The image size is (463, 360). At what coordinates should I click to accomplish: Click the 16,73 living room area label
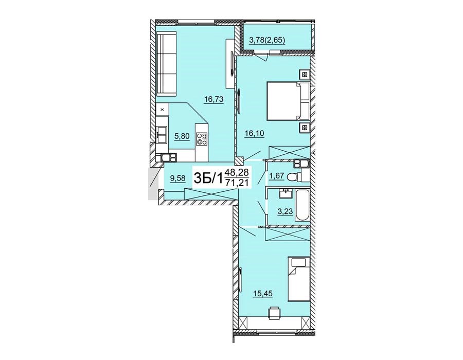click(214, 100)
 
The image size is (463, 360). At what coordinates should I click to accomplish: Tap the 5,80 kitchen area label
click(182, 136)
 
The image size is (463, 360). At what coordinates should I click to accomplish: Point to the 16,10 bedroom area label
click(254, 134)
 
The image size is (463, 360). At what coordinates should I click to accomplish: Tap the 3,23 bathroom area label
click(285, 211)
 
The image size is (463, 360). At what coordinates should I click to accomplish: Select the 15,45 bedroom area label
click(262, 294)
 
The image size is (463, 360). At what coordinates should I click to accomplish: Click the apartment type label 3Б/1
click(208, 178)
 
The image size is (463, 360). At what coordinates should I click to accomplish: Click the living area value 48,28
click(237, 172)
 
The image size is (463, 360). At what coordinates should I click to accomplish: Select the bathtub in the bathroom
click(302, 206)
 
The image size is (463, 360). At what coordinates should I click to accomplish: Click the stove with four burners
click(202, 139)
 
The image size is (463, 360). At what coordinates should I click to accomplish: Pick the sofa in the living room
click(167, 64)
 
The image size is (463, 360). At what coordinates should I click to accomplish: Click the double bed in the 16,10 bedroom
click(287, 101)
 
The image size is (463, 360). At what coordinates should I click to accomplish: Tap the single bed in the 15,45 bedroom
click(298, 279)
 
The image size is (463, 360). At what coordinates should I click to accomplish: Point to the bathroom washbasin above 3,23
click(286, 194)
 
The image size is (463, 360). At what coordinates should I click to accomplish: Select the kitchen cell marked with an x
click(162, 110)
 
